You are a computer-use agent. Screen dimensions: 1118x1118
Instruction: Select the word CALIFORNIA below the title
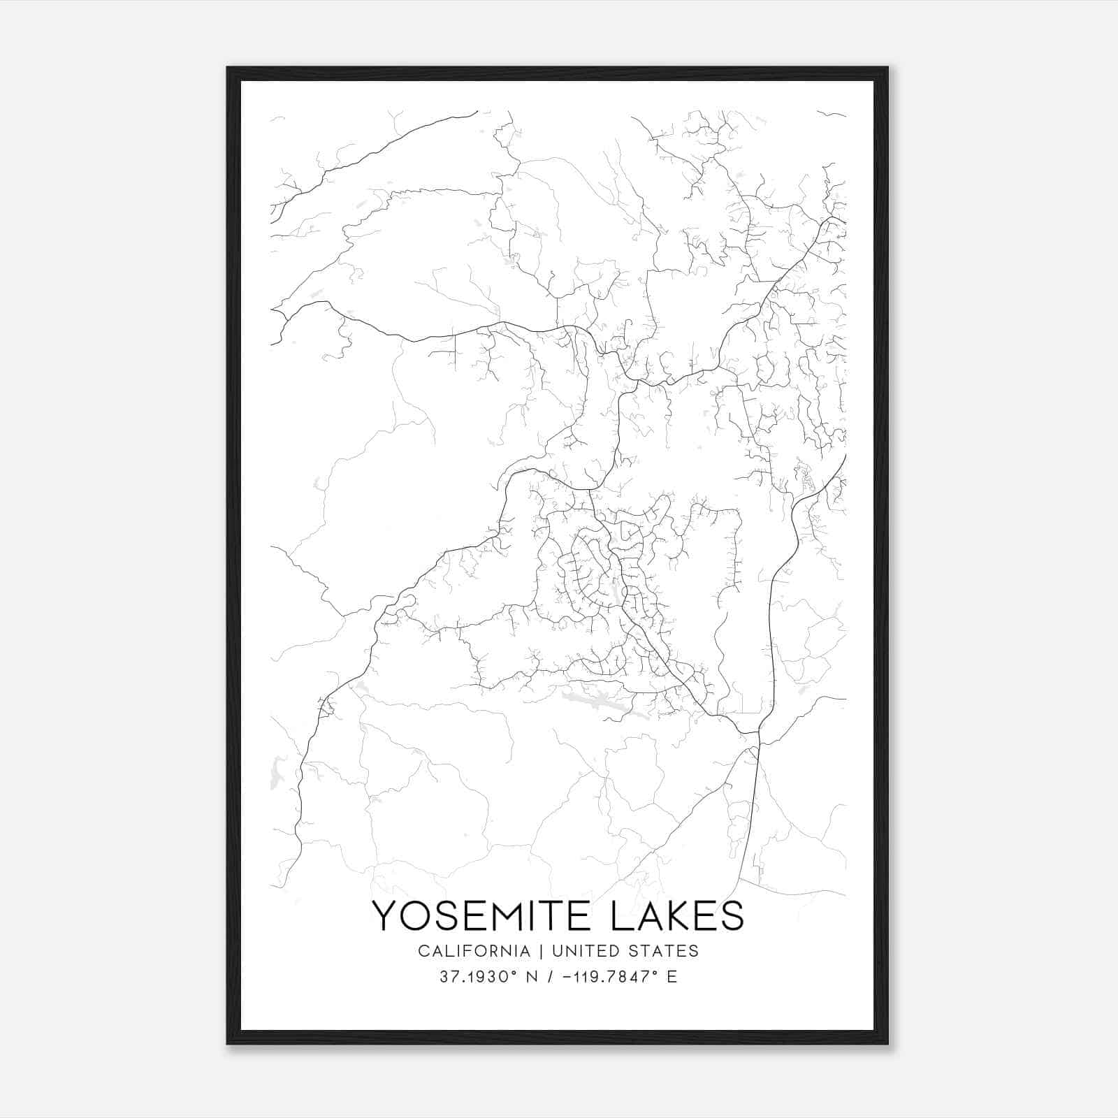tap(474, 951)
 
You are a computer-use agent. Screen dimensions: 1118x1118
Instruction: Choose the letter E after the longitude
tap(671, 977)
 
